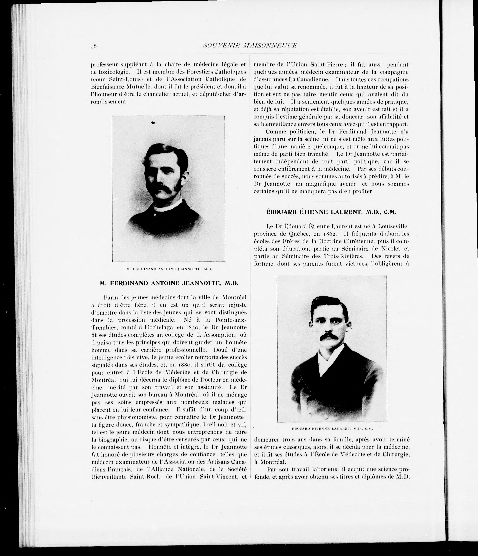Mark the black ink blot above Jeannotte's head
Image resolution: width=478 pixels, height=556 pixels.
pyautogui.click(x=153, y=122)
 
